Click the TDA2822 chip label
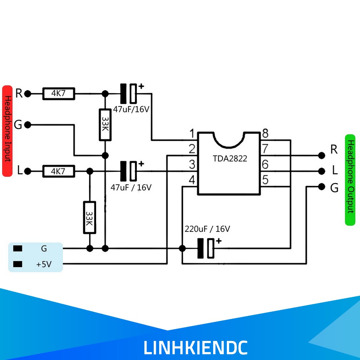pos(230,158)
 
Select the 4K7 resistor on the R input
pos(59,94)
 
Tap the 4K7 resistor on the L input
pos(59,171)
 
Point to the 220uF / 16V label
pos(207,229)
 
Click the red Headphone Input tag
pos(7,131)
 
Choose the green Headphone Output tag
pos(350,180)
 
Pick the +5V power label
pos(44,264)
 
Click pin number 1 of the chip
pos(192,134)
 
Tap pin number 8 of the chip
pos(265,133)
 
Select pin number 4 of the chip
pos(192,180)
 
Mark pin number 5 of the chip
pos(265,180)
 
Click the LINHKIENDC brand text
pos(195,348)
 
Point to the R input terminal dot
pos(28,94)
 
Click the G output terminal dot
pos(321,187)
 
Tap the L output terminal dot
pos(321,171)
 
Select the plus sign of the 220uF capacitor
pos(219,241)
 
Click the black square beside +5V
pos(18,264)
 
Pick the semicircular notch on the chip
pos(229,141)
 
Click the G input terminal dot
pos(28,125)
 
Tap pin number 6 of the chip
pos(265,165)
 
